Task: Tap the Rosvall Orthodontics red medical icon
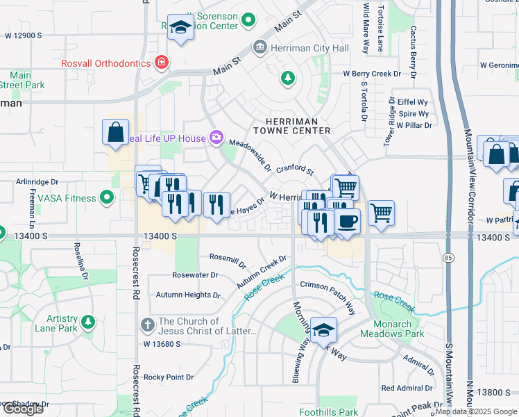162,63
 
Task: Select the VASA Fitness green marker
106,199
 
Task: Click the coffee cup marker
347,222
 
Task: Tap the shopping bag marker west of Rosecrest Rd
115,132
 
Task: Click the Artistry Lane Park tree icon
87,322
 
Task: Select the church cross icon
147,325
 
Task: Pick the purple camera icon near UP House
217,138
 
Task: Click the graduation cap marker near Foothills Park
323,330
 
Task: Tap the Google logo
23,409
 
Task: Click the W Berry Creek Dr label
372,74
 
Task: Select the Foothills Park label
328,412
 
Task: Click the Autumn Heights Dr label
188,295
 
